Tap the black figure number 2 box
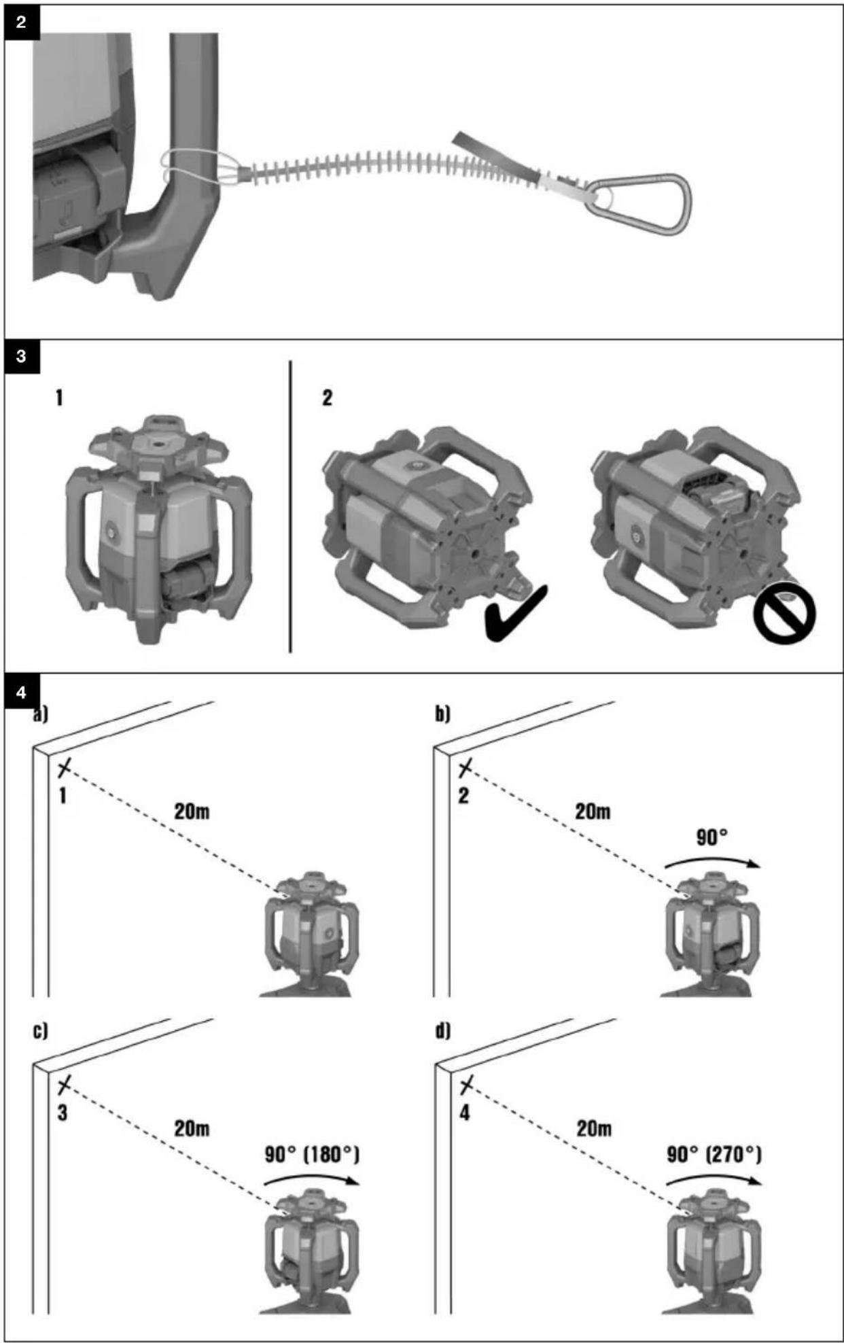click(20, 22)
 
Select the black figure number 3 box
click(20, 356)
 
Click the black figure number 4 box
click(20, 692)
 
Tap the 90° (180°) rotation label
click(312, 1154)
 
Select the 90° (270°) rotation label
click(714, 1154)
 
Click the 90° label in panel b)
click(712, 837)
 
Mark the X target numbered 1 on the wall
click(64, 769)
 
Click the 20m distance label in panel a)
click(192, 811)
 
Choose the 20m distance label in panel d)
click(594, 1129)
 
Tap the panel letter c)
click(41, 1031)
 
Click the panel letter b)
click(442, 714)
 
